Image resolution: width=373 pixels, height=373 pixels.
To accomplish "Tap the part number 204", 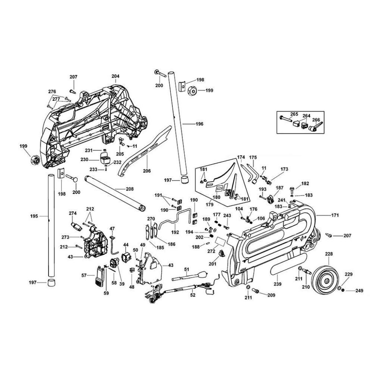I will pos(115,76).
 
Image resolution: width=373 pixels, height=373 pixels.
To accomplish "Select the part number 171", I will pos(335,215).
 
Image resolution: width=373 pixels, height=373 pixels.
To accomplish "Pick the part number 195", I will pos(34,216).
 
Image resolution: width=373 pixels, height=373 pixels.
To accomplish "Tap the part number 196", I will pos(200,124).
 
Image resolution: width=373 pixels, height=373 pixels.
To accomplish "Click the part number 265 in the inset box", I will pos(294,114).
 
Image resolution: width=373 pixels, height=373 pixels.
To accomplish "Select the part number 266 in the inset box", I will pos(316,120).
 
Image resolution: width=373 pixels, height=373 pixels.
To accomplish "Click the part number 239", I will pos(278,278).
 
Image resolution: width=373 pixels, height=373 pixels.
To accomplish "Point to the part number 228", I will pos(329,254).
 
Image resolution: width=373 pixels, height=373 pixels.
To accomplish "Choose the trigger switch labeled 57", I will pos(99,276).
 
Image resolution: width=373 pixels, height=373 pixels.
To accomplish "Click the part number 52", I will pos(193,295).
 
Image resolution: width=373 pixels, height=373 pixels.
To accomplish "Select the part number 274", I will pos(72,213).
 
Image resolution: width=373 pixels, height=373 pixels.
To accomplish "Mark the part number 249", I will pos(359,291).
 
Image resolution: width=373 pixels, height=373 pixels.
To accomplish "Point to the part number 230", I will pos(85,159).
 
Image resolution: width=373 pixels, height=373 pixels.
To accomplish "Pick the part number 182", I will pos(305,184).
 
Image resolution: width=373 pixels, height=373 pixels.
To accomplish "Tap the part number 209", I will pos(271,295).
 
